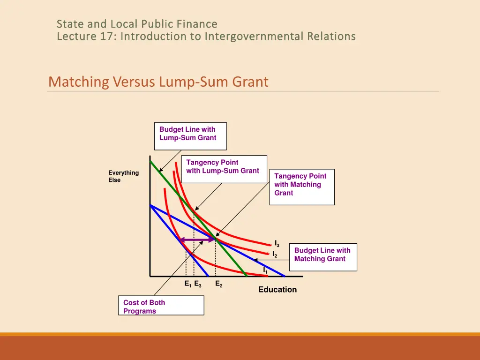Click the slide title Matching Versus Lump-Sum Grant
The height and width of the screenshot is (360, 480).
tap(158, 82)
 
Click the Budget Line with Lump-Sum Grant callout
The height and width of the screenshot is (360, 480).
tap(190, 135)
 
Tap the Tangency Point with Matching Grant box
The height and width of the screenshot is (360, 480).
tap(301, 186)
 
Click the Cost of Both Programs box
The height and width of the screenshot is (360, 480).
tap(161, 306)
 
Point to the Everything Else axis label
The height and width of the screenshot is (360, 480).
tap(123, 176)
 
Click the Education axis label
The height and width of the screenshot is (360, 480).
tap(277, 290)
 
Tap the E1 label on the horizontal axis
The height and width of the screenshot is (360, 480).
tap(187, 284)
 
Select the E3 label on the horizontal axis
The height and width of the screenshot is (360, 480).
tap(198, 284)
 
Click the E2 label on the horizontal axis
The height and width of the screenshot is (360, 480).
tap(219, 284)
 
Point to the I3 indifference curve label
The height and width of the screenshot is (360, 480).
tap(277, 244)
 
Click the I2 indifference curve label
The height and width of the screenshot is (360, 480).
tap(275, 255)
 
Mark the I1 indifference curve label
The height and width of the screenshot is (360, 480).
tap(265, 270)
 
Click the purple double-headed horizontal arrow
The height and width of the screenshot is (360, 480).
tap(197, 240)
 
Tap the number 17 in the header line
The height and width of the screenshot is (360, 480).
tap(105, 36)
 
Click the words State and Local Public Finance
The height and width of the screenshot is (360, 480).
tap(137, 23)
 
